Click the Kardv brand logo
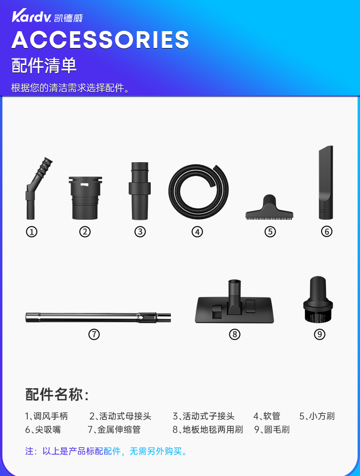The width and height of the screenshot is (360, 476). coord(47,16)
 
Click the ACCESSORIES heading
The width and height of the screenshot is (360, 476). coord(100,39)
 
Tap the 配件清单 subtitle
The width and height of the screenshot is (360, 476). coord(44,65)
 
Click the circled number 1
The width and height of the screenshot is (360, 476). coord(32,232)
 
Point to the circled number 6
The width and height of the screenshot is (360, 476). coord(326,232)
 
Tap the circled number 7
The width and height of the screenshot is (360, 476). coord(94,334)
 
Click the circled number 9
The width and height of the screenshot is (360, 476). coord(319,334)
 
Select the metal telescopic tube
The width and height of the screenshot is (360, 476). coord(98,317)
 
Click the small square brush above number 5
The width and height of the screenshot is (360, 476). coord(269,208)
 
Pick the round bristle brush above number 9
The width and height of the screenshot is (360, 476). coord(318,299)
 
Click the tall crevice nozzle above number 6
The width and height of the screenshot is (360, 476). coord(325,182)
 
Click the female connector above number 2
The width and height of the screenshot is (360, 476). coord(85,198)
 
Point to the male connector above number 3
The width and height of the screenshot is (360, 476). coord(140,191)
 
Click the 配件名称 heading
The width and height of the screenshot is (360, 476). coord(57,394)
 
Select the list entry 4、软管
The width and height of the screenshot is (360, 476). coord(267,416)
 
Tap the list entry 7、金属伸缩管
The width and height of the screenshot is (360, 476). coord(114,429)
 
